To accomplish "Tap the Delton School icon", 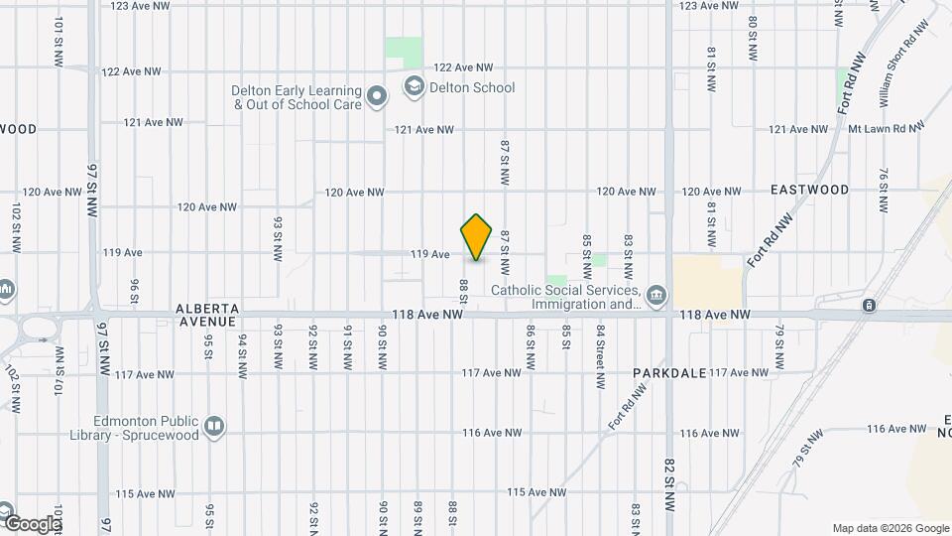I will tap(412, 88).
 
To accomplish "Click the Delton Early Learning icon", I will tap(377, 96).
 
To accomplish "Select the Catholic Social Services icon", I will tap(655, 296).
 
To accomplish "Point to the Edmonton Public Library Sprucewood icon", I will tap(213, 428).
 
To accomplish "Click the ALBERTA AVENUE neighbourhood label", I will tap(207, 315).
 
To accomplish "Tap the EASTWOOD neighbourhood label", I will tap(809, 190).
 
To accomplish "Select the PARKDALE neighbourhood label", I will tap(669, 373).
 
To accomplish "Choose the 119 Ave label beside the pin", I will tap(430, 255).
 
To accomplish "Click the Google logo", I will tap(32, 523).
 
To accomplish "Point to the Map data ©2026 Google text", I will tap(889, 528).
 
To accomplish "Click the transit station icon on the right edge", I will tap(870, 306).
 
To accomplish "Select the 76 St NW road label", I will tap(883, 190).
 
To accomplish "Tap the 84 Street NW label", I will tap(601, 341).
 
